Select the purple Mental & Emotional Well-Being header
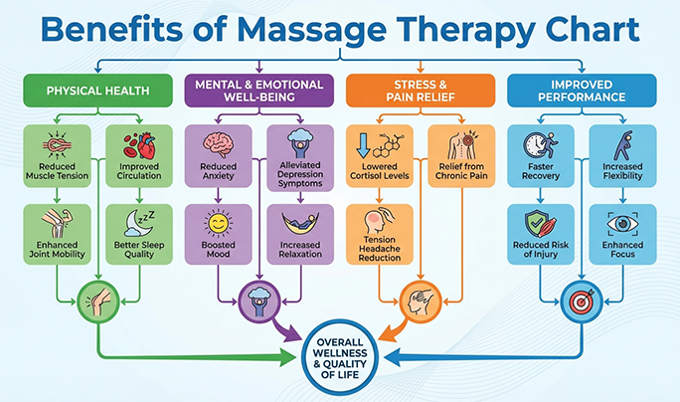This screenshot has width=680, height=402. click(x=254, y=92)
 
